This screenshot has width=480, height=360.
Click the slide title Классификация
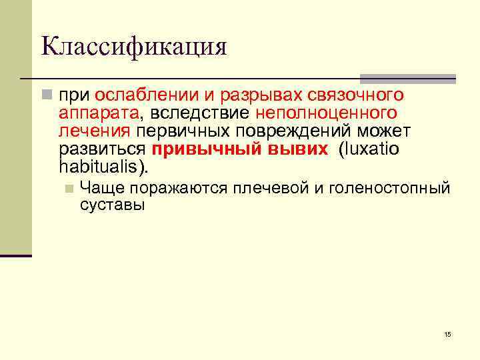click(x=133, y=47)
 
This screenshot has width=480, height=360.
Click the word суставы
click(x=111, y=205)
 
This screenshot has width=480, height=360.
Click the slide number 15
click(x=447, y=334)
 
